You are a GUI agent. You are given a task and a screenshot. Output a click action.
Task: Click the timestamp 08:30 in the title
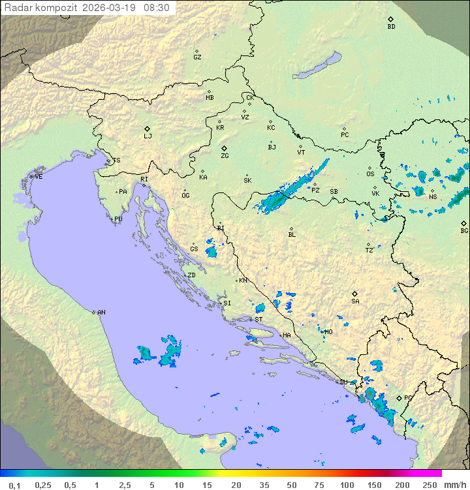point(156,8)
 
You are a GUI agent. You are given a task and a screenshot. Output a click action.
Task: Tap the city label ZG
point(225,156)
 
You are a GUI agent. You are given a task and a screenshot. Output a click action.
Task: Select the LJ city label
point(148,136)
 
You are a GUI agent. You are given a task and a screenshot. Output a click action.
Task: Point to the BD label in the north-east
point(391,27)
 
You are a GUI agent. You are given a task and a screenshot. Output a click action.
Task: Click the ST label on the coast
point(258,320)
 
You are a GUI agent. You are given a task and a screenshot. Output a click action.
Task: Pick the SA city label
point(355,301)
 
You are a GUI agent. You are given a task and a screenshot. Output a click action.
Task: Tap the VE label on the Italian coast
point(39,177)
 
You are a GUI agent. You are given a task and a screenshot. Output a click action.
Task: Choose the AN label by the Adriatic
point(101,313)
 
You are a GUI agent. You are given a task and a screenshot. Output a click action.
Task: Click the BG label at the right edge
point(464,231)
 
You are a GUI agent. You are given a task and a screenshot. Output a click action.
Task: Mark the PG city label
point(408,397)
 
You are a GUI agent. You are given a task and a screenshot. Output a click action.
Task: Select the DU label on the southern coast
point(344,382)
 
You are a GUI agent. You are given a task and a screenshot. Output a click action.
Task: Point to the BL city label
point(292,235)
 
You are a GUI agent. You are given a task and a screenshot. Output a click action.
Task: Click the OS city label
point(370,174)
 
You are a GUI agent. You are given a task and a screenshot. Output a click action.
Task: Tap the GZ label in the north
point(197,57)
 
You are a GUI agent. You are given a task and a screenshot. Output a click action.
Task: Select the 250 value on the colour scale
point(429,485)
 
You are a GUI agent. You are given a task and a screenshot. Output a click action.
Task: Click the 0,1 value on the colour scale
point(14,485)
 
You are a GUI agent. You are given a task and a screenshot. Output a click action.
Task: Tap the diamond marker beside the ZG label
point(224,149)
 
